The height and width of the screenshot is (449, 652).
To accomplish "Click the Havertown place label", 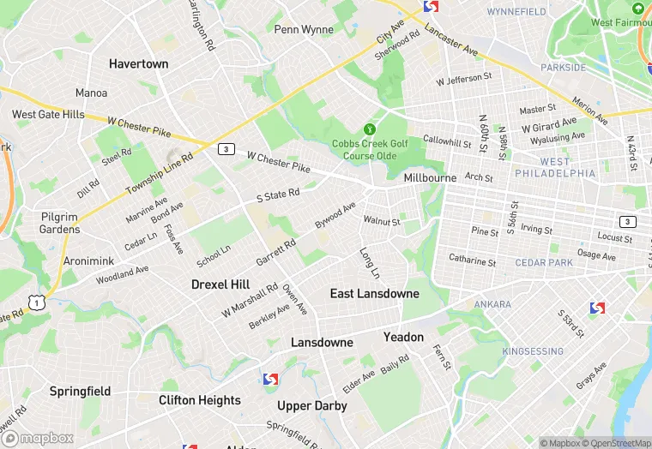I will (138, 63).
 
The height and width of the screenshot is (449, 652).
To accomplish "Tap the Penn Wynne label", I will (304, 29).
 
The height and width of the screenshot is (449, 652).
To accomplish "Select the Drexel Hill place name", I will (220, 284).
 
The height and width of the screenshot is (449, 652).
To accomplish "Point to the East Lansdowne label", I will (375, 293).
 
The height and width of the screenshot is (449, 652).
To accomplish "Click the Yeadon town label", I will (403, 337).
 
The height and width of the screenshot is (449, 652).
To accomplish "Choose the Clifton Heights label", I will (200, 400).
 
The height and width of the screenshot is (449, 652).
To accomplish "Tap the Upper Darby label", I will (311, 405).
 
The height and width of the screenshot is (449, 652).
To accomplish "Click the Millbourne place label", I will (430, 177).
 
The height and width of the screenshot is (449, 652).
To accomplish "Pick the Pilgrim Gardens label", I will (60, 223).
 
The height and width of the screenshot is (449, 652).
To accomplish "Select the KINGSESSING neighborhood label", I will (533, 351).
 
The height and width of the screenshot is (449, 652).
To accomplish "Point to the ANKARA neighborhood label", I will (492, 304).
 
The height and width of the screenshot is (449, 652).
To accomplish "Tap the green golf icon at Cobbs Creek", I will (371, 128).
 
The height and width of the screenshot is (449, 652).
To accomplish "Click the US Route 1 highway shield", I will (35, 301).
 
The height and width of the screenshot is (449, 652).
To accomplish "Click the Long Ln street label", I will (370, 263).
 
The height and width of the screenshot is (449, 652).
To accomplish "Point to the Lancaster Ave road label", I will (450, 39).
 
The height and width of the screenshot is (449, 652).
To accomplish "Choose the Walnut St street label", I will (382, 221).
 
